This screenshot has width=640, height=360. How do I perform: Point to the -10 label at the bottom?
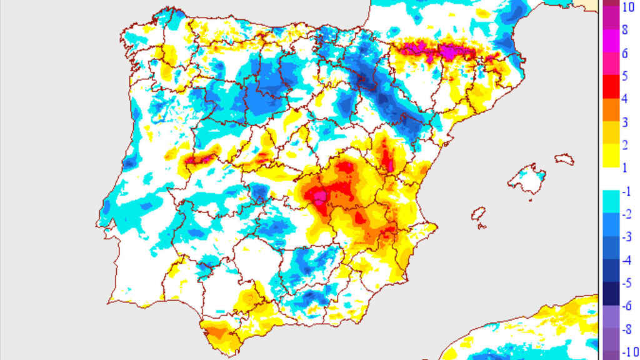(x=626, y=351)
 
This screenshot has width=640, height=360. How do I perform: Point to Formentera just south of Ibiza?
(x=481, y=227)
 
